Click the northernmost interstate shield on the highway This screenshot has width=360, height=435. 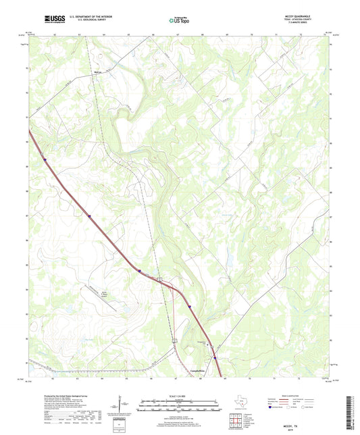coord(44,160)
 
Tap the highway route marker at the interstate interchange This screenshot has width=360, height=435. coord(160,278)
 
